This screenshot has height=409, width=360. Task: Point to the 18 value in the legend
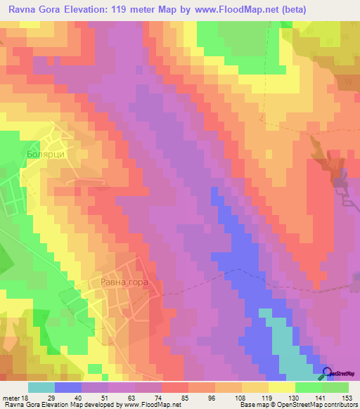(27, 398)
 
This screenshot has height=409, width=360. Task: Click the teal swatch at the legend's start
(41, 388)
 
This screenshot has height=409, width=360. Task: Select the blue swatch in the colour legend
(68, 388)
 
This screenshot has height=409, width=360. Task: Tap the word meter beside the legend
(11, 398)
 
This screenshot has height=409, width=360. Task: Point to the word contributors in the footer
(335, 405)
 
